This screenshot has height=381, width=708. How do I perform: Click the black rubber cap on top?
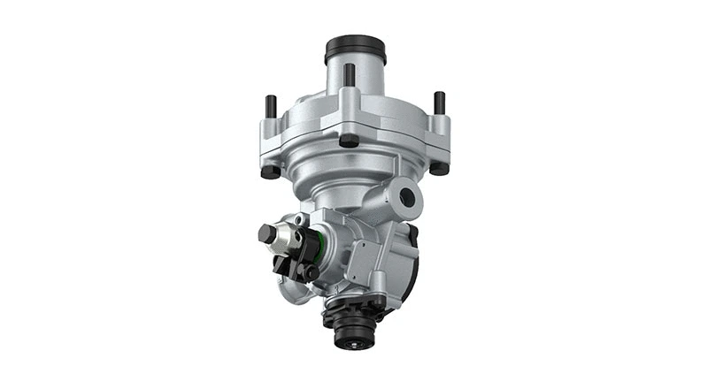point(356,45)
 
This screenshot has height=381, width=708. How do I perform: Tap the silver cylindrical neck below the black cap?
point(355,75)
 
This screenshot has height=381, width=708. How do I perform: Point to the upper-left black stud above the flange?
point(272,104)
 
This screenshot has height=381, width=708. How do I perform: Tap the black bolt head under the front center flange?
point(350,140)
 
